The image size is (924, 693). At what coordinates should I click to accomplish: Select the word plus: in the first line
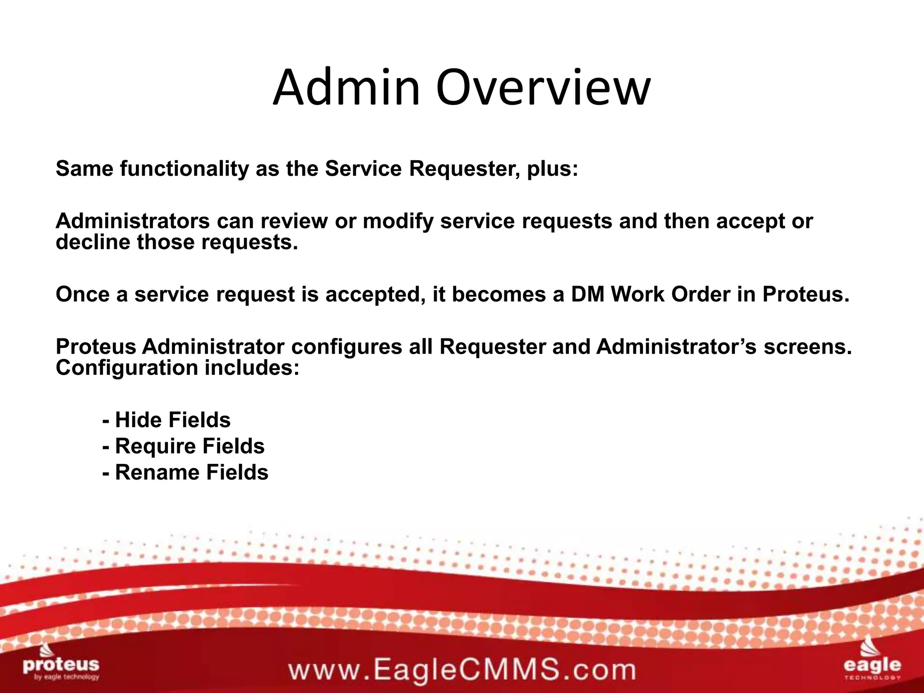tap(553, 169)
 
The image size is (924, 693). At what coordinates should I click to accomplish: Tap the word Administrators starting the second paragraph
tap(133, 221)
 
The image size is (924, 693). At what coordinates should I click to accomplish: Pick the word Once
tap(80, 294)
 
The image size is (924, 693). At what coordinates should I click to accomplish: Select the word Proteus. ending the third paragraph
tap(806, 294)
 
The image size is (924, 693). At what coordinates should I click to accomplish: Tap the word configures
tap(346, 346)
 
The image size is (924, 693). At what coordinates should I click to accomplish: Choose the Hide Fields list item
tap(167, 420)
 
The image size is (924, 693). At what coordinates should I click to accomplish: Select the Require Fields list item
tap(184, 446)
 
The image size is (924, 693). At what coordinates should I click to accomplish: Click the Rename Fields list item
tap(185, 472)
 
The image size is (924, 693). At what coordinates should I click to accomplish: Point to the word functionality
tap(184, 169)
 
